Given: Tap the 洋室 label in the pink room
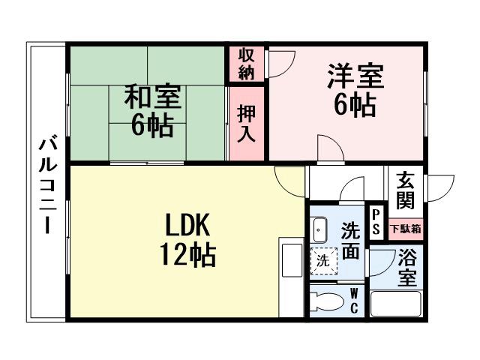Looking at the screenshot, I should (x=355, y=77).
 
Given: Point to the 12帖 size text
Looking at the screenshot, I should (x=187, y=256).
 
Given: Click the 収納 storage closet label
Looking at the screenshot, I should (x=247, y=64).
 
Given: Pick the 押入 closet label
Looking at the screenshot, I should (x=247, y=124).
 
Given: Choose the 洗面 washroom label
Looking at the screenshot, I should (x=350, y=241).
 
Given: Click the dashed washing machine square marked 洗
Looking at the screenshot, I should (x=322, y=262).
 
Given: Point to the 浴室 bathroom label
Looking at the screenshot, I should (x=407, y=267).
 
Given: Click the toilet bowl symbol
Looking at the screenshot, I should (x=326, y=302).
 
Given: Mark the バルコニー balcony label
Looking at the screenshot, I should (x=46, y=184).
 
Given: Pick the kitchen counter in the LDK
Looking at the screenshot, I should (x=289, y=277).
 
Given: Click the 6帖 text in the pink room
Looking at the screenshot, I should (x=355, y=105).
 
